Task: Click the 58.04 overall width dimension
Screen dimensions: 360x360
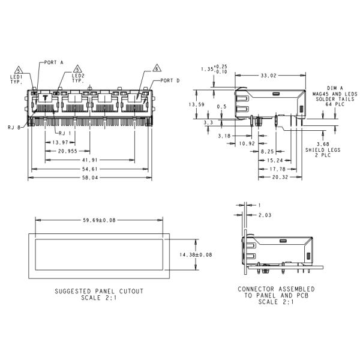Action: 89,179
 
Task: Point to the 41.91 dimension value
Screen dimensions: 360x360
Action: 89,160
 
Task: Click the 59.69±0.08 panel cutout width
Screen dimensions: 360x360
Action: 99,220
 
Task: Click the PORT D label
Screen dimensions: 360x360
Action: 170,80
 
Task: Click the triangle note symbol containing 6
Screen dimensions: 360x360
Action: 157,68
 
